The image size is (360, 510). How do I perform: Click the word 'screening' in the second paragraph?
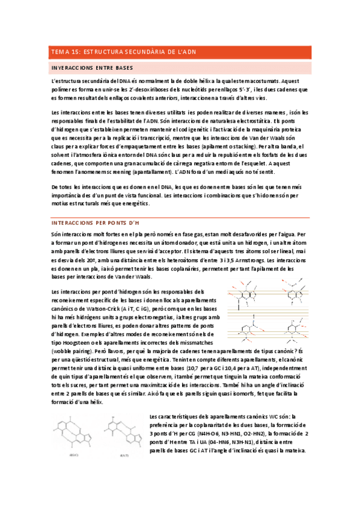click(x=125, y=171)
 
